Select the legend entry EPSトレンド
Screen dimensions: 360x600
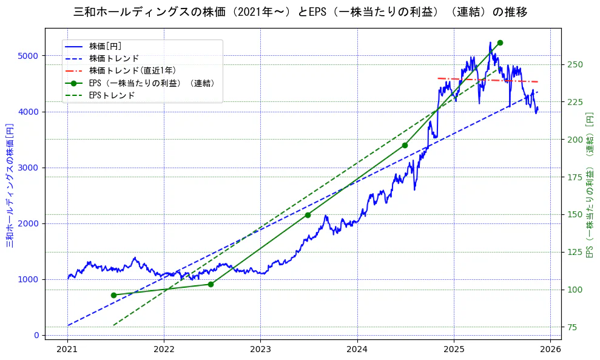point(112,95)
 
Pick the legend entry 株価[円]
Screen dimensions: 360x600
point(106,46)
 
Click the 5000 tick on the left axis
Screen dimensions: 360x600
point(29,56)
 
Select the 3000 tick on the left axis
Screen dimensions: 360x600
point(29,168)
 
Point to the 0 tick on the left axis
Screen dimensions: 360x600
point(36,335)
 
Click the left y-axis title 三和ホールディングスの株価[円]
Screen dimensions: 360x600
point(10,186)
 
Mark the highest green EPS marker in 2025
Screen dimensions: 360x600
point(500,42)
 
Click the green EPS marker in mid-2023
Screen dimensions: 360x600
point(308,215)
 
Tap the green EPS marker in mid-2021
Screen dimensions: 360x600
point(113,295)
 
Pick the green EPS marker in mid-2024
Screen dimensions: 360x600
point(405,145)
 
